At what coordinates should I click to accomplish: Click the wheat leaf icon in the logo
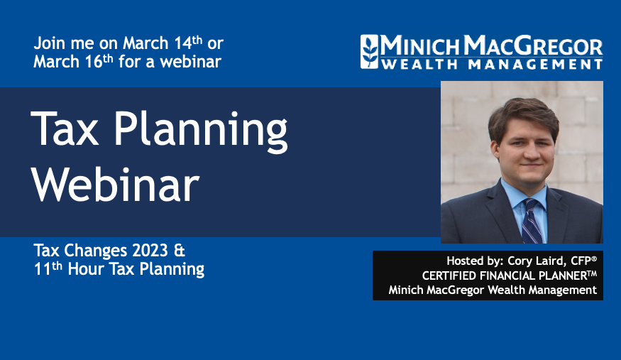point(370,51)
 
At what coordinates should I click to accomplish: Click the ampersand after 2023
point(180,251)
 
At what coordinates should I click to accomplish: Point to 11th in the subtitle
point(48,269)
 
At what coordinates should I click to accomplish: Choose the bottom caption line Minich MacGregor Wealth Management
point(492,290)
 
